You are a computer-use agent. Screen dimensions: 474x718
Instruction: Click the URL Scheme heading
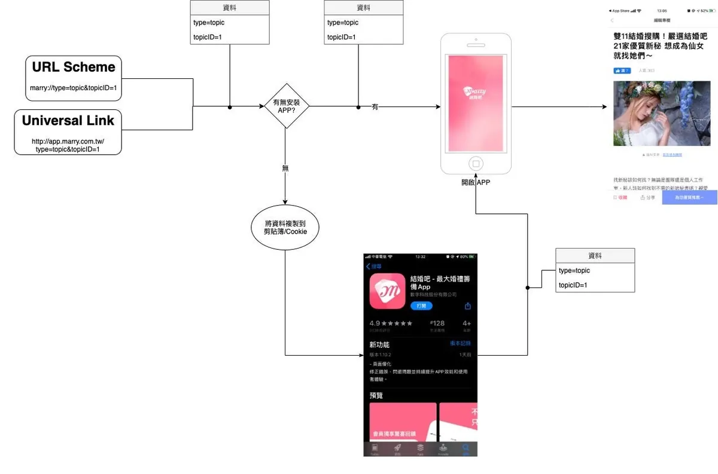(73, 67)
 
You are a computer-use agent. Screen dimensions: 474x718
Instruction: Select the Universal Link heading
(68, 121)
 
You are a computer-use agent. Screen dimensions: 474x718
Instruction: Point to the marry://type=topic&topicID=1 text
(73, 88)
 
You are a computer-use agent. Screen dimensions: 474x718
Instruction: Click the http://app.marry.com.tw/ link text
(68, 142)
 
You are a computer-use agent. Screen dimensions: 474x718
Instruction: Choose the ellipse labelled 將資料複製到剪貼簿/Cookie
(285, 227)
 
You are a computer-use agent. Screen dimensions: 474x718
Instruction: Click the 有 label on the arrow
(375, 107)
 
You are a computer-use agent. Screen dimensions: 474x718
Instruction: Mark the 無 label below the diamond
(285, 169)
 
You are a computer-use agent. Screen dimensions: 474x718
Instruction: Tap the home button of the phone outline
(476, 163)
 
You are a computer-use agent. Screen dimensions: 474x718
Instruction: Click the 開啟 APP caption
(475, 182)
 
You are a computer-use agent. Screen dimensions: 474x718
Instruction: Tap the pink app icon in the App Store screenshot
(386, 291)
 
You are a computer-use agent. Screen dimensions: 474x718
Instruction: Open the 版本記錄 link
(460, 344)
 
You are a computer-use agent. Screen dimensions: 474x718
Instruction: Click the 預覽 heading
(376, 396)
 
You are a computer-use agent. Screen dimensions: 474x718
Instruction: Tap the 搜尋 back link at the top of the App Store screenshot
(374, 267)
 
